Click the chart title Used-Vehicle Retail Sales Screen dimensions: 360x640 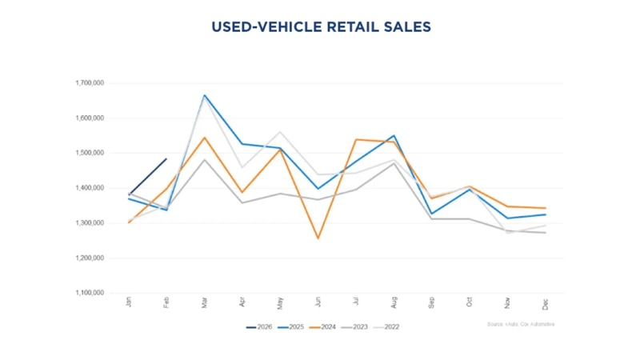(320, 27)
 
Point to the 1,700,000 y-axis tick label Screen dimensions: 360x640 (89, 82)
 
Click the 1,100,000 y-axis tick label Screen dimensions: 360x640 (89, 294)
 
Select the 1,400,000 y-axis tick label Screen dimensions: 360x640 (89, 188)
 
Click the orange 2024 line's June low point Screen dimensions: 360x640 (318, 238)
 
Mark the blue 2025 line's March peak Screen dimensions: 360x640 (204, 95)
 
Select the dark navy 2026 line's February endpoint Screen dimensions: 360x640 (166, 158)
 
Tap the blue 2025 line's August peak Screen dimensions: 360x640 (394, 135)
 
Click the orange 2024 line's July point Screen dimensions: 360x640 (356, 139)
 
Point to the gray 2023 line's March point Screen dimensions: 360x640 (204, 160)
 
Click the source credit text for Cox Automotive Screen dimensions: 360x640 (520, 324)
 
